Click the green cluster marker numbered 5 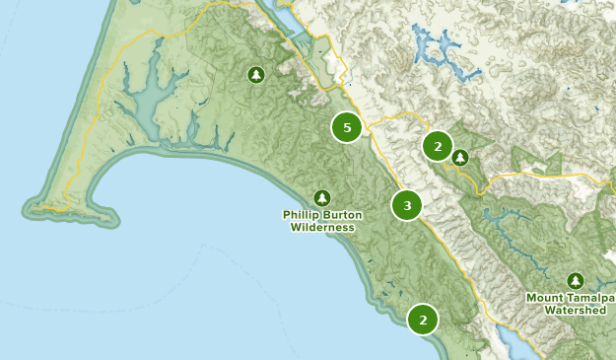346,127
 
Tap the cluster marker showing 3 406,206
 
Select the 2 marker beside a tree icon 437,146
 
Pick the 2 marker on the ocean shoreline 423,319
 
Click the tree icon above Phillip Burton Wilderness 321,197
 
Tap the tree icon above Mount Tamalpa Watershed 575,280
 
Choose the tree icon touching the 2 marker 460,157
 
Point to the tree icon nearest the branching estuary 256,74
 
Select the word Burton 341,215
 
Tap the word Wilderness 321,228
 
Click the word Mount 546,297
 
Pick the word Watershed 575,310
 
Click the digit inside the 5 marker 346,127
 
